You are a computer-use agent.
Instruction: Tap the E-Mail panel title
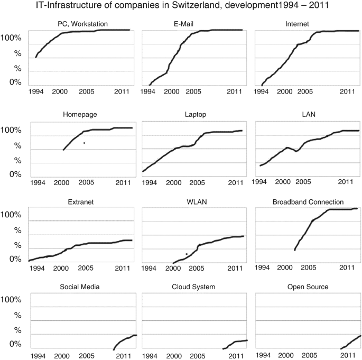(x=192, y=24)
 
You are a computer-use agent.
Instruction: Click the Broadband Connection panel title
(x=308, y=202)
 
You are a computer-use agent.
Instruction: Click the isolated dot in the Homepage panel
(x=84, y=143)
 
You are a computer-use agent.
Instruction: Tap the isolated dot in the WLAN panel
(x=187, y=254)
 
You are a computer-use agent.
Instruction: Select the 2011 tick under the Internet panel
(x=346, y=91)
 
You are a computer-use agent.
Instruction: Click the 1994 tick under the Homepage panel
(x=38, y=182)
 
